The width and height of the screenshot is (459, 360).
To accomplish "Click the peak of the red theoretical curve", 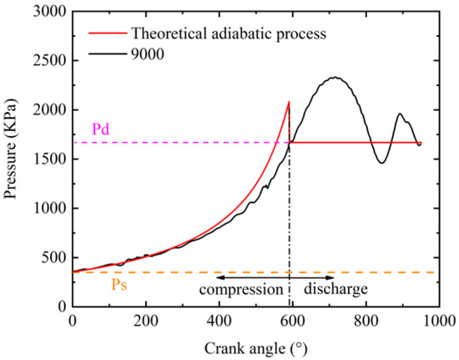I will tap(289, 102).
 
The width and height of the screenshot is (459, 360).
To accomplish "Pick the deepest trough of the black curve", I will tap(381, 163).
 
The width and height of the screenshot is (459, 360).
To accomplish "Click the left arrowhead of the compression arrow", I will tap(219, 276).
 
